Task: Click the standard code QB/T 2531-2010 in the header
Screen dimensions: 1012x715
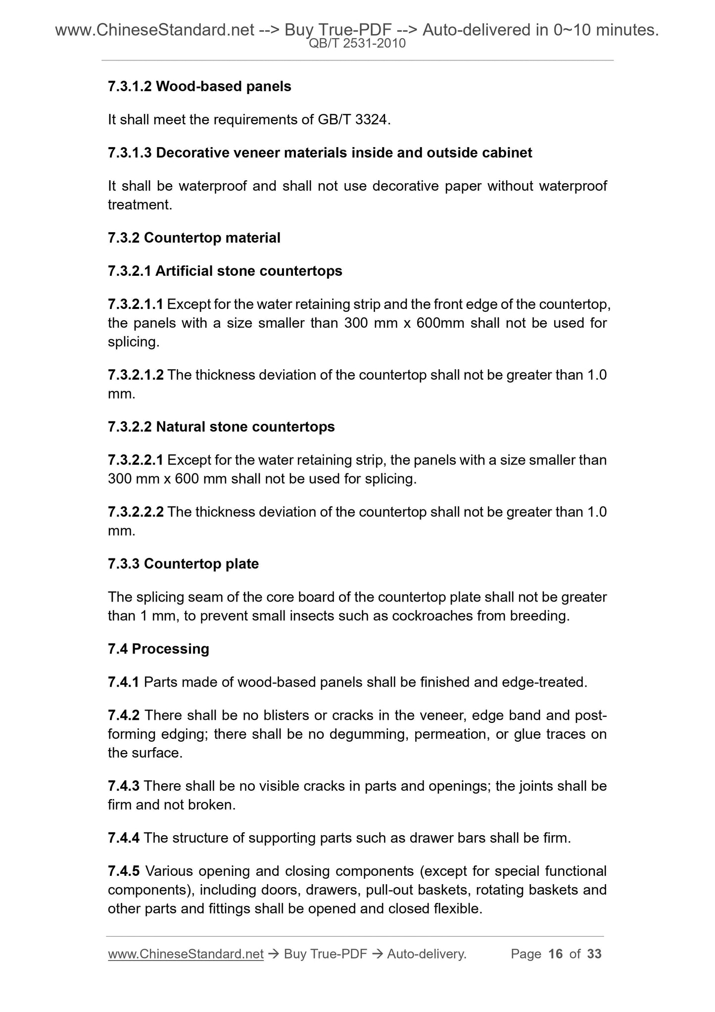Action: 357,44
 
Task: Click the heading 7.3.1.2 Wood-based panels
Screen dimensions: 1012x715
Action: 199,87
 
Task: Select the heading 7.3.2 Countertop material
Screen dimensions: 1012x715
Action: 194,238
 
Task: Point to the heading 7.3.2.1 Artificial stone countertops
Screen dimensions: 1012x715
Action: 225,271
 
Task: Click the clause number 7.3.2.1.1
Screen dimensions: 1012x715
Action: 135,304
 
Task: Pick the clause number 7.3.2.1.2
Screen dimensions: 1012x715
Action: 135,375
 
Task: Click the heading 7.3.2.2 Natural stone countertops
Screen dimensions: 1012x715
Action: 221,427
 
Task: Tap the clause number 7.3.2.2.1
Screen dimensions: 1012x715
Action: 135,460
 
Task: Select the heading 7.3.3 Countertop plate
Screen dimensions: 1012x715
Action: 183,564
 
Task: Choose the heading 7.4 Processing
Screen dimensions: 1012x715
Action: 158,649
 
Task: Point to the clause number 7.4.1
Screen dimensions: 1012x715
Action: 123,683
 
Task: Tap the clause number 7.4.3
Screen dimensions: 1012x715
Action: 123,786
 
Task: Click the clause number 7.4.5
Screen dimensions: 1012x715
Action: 123,871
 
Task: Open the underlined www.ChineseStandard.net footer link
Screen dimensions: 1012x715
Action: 186,954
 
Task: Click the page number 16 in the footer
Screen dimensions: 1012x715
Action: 556,954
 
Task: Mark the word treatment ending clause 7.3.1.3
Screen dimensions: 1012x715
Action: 140,205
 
